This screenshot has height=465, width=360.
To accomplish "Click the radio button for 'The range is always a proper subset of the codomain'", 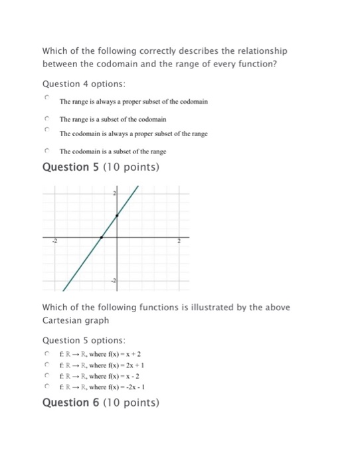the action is (x=47, y=97).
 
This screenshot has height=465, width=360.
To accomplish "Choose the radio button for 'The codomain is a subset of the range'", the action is (x=47, y=151).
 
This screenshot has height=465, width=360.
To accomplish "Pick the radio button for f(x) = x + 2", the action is (x=47, y=354).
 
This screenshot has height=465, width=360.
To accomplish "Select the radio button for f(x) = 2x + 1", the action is (x=47, y=365).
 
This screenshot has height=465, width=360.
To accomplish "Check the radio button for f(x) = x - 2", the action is (x=47, y=375).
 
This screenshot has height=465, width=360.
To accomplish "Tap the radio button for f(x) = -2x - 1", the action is (x=47, y=386).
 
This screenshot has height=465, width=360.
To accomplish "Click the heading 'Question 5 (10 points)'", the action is (x=100, y=167).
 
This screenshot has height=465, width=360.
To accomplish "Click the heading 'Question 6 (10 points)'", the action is (x=100, y=402).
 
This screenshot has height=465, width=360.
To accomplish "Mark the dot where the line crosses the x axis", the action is (x=101, y=237).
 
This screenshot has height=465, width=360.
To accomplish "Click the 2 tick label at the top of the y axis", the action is (x=114, y=193).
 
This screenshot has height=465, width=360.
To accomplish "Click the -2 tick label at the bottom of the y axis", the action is (x=113, y=282).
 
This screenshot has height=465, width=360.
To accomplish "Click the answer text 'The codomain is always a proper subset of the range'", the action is (x=134, y=134).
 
